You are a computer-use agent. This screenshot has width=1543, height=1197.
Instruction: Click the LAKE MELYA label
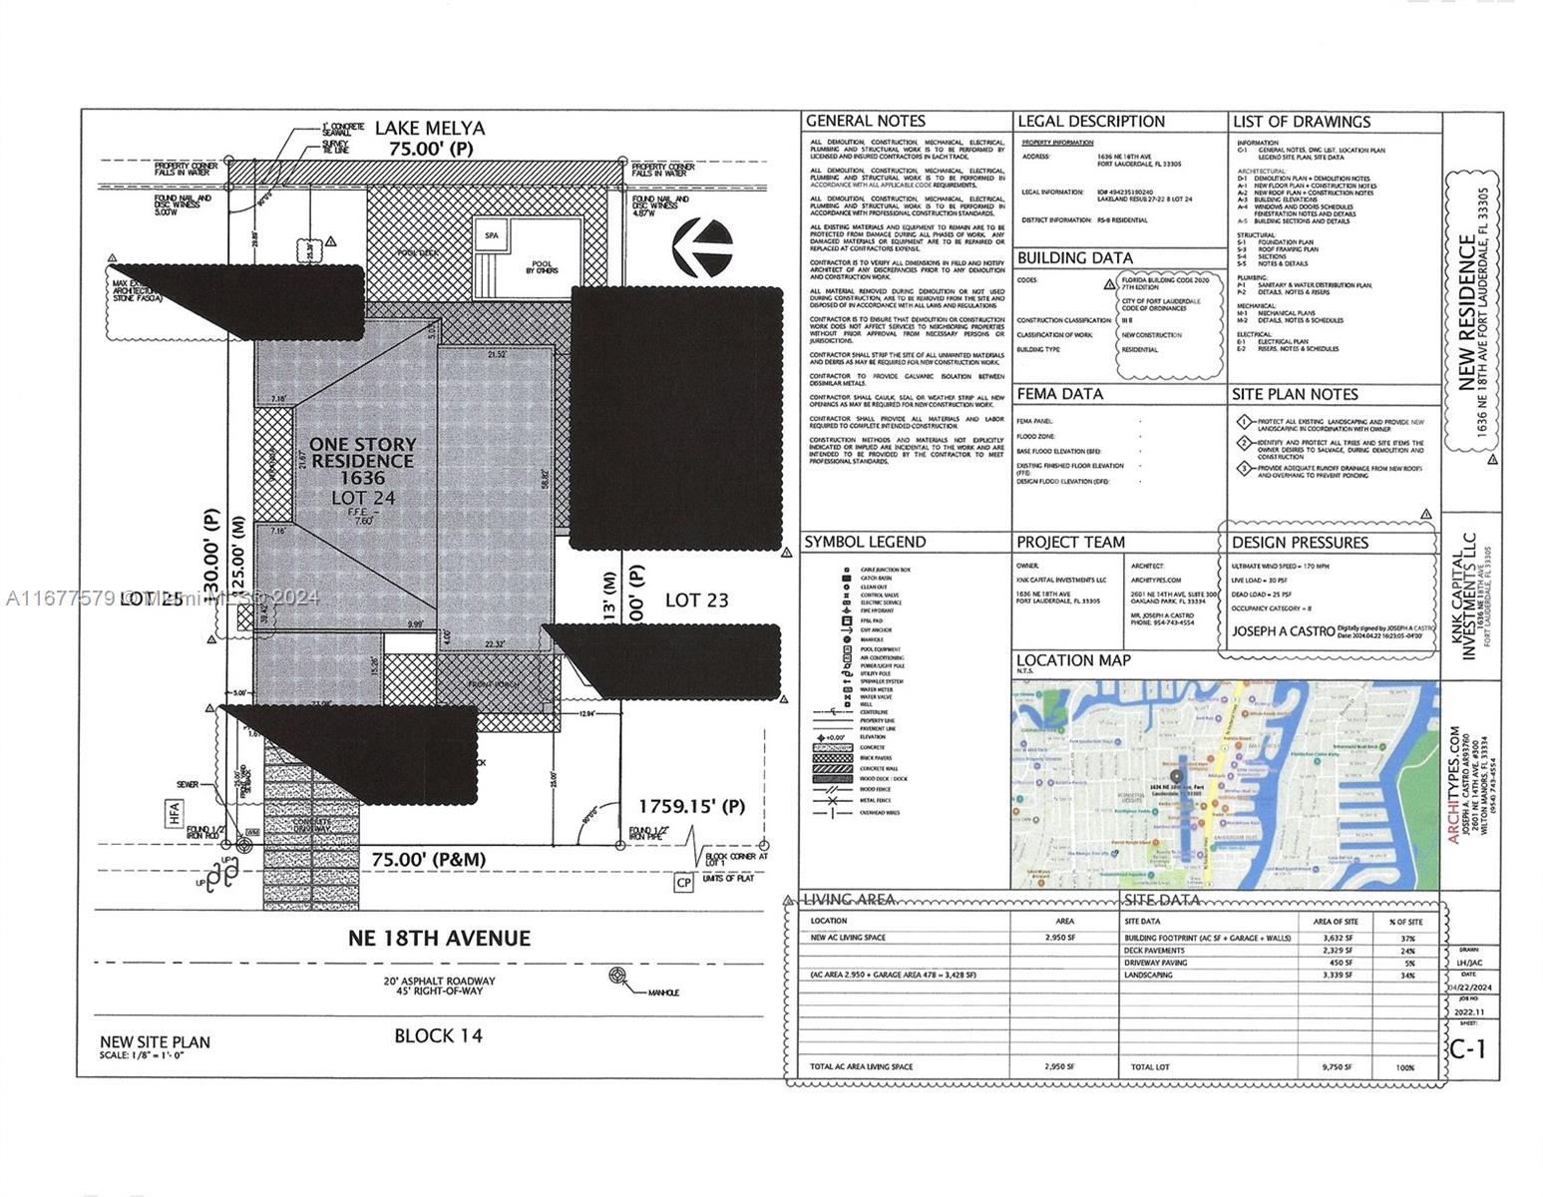tap(430, 128)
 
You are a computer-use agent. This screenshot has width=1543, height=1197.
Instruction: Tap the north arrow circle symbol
tap(703, 248)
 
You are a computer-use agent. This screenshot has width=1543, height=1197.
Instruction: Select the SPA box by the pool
tap(491, 236)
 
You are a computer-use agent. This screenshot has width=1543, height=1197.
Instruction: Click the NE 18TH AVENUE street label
tap(439, 938)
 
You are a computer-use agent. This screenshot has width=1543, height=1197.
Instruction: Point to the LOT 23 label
tap(696, 599)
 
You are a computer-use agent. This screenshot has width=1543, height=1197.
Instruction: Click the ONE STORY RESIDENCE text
tap(362, 452)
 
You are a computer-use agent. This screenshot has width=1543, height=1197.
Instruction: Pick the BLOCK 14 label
tap(438, 1035)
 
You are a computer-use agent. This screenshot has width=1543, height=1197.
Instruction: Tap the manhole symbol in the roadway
tap(619, 976)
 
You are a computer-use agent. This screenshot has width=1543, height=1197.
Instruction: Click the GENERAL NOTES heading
tap(866, 121)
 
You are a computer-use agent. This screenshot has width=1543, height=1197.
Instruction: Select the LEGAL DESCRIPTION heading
tap(1091, 121)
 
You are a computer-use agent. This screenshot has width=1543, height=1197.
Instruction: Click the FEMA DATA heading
tap(1060, 394)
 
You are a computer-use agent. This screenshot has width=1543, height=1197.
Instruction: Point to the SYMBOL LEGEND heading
tap(865, 542)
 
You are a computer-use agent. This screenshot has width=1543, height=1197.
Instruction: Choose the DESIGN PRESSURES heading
tap(1300, 543)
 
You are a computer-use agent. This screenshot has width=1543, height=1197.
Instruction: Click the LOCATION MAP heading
tap(1073, 660)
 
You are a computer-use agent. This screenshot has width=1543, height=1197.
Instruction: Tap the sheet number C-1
tap(1472, 1047)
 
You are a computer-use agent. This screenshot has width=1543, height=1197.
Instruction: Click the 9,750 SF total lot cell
tap(1337, 1066)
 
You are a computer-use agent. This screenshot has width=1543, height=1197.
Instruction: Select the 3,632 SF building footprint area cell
tap(1337, 938)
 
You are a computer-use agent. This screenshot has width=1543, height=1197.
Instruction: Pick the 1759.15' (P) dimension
tap(691, 805)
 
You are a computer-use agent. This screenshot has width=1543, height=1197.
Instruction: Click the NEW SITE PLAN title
tap(155, 1042)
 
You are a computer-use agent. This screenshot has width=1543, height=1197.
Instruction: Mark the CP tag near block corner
tap(684, 882)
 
